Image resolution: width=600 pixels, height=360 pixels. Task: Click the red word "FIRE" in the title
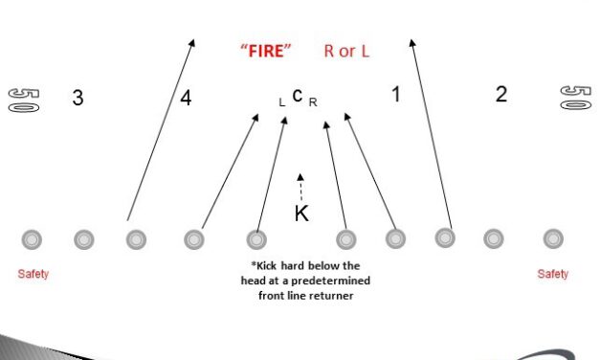[x=266, y=51]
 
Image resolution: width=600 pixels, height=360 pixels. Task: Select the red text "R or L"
[x=346, y=51]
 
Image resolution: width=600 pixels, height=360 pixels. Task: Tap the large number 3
[x=78, y=98]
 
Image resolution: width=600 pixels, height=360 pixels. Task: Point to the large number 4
[x=186, y=98]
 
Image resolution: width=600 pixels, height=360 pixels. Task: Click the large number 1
[x=396, y=94]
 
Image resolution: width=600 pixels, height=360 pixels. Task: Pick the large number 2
[x=500, y=94]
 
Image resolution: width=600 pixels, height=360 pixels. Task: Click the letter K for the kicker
[x=301, y=214]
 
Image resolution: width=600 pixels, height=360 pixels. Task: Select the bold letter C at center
[x=298, y=95]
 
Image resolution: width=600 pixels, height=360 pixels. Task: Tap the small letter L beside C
[x=281, y=101]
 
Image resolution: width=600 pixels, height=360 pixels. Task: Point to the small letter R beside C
[x=313, y=101]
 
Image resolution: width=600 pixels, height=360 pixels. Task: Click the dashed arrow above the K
[x=300, y=186]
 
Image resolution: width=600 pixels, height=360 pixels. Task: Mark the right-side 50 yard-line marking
[x=573, y=99]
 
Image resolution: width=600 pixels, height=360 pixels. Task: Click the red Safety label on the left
[x=33, y=274]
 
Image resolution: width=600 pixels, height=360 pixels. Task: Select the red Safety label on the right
[x=552, y=274]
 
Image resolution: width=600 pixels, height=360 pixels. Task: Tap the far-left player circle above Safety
[x=32, y=237]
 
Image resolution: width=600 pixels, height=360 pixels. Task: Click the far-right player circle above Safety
[x=552, y=237]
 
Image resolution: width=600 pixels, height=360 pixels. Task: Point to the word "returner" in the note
[x=329, y=296]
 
